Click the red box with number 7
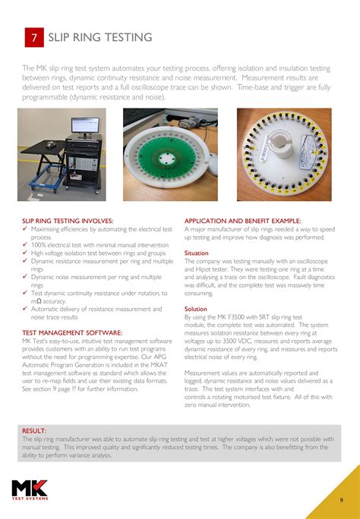point(33,37)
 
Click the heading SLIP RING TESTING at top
point(100,37)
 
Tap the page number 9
point(341,499)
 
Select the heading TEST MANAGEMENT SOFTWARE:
point(72,332)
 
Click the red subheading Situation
point(196,253)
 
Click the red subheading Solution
point(195,309)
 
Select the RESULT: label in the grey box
point(35,430)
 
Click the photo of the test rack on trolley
point(62,154)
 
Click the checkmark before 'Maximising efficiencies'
point(25,229)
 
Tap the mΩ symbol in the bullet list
point(36,301)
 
